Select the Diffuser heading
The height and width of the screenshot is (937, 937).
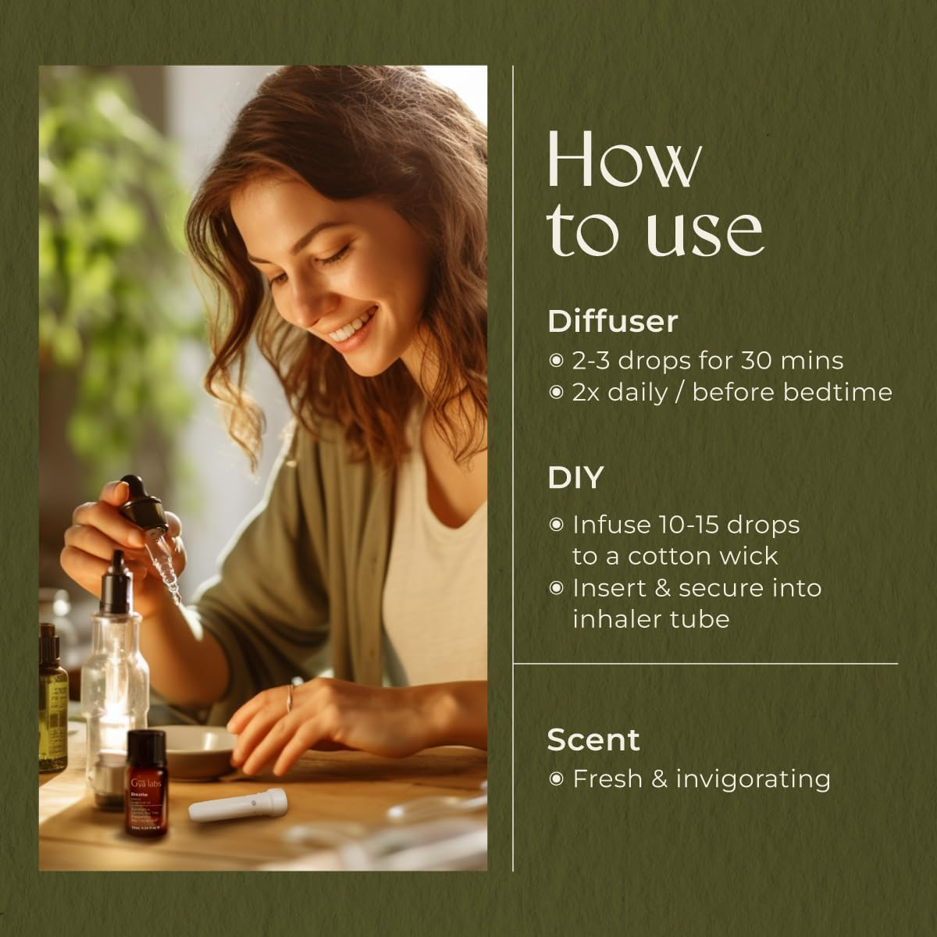click(x=612, y=321)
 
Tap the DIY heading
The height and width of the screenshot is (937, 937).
click(x=575, y=477)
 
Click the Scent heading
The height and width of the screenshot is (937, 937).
click(x=593, y=739)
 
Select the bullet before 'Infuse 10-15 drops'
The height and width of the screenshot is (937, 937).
click(x=556, y=525)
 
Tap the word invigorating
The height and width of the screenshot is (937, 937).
click(x=753, y=778)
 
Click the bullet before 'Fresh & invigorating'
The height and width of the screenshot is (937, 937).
click(x=556, y=779)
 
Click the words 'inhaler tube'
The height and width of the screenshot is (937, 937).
click(x=650, y=618)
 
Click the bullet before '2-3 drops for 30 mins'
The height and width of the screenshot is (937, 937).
click(x=556, y=361)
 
